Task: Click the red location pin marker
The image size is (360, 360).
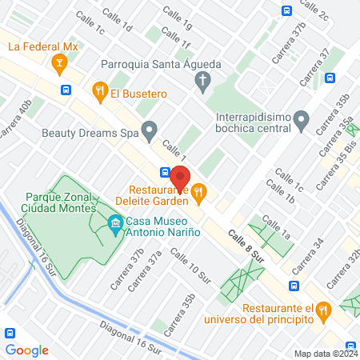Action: (x=180, y=178)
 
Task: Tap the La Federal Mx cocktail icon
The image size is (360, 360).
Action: (x=58, y=62)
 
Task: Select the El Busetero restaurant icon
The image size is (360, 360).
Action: (x=100, y=91)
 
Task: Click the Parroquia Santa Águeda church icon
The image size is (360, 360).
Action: (x=203, y=79)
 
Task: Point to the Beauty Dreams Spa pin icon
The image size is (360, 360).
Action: (x=149, y=129)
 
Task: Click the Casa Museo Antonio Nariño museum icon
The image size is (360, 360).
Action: (x=116, y=222)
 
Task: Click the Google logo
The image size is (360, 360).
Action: (x=26, y=350)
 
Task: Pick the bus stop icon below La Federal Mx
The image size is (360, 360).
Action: (x=65, y=90)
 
